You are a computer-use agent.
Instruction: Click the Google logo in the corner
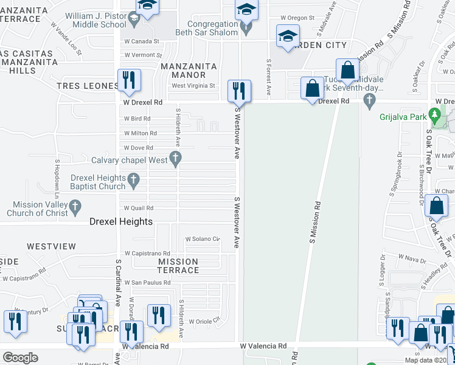(x=20, y=358)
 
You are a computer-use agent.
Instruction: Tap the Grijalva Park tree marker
(x=434, y=114)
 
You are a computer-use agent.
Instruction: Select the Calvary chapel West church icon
(x=175, y=160)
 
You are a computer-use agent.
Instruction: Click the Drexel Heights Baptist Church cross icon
(x=135, y=180)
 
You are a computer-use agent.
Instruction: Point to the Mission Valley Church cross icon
(x=75, y=208)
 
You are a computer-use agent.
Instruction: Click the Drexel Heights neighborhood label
(x=121, y=221)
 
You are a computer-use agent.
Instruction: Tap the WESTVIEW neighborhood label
(x=51, y=246)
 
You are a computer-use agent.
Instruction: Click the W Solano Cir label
(x=202, y=238)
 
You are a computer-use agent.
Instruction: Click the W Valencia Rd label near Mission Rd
(x=263, y=346)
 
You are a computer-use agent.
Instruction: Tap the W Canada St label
(x=141, y=41)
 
